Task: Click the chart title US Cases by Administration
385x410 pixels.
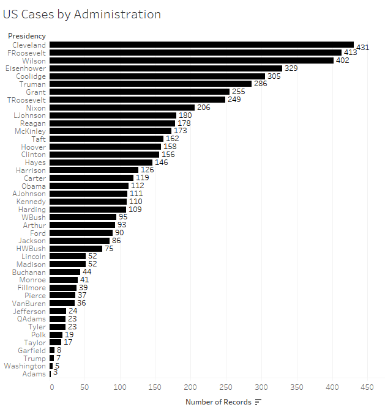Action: (82, 14)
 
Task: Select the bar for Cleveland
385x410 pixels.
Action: (201, 45)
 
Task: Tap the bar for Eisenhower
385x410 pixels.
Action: (165, 68)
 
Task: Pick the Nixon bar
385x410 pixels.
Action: (122, 108)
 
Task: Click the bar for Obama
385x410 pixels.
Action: (89, 186)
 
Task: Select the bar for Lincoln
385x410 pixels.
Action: (67, 256)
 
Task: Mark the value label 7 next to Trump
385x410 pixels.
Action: (59, 358)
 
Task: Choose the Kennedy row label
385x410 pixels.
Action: (31, 202)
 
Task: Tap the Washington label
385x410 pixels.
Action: (25, 366)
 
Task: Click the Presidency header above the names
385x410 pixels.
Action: (26, 36)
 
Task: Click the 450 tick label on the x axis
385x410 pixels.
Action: (367, 387)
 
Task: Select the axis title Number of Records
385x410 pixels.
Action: (218, 401)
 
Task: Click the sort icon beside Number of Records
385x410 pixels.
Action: (258, 401)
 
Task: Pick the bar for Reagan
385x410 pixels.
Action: (112, 123)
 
